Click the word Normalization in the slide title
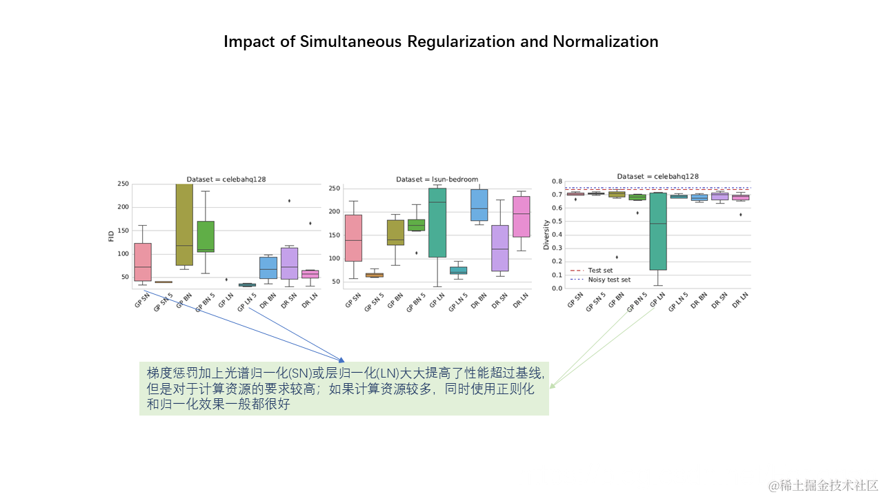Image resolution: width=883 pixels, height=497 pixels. coord(605,41)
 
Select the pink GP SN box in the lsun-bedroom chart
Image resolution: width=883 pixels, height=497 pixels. coord(353,237)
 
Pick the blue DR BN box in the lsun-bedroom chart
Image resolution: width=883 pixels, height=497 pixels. coord(479,205)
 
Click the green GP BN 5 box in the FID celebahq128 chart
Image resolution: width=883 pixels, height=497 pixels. coord(206,236)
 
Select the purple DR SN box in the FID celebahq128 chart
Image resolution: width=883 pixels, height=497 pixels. coord(290,263)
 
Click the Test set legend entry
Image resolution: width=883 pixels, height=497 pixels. coord(599,271)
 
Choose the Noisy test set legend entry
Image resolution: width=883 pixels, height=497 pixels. coord(608,280)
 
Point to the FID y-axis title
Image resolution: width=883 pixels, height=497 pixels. coord(112,235)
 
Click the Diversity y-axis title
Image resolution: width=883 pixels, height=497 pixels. coord(546,235)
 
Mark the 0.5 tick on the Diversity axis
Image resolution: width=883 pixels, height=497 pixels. coord(557,221)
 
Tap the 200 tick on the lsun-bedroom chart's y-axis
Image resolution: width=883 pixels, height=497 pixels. coord(334,211)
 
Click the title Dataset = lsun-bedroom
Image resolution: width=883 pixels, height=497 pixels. coord(437,179)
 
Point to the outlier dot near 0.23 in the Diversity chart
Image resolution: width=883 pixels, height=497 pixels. coord(616,257)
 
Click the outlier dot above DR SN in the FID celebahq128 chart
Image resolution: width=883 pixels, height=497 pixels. coord(289,201)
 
